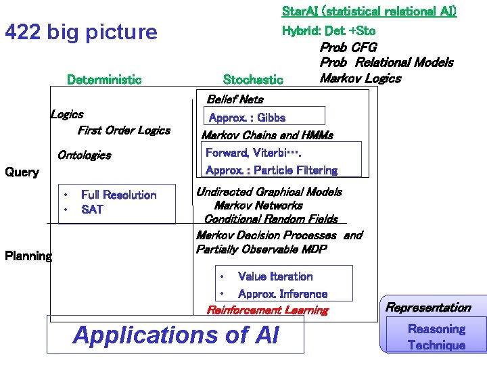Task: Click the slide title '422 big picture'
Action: [x=80, y=32]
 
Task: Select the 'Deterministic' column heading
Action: [x=104, y=80]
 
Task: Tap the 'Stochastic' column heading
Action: [x=253, y=80]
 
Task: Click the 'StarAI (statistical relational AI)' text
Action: [x=369, y=11]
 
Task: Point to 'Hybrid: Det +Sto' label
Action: [x=328, y=30]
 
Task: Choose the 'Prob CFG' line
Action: [x=348, y=47]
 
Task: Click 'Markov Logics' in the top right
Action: [x=360, y=78]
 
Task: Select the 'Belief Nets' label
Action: [x=235, y=99]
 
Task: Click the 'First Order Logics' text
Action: [x=124, y=130]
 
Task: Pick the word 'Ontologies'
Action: [x=84, y=155]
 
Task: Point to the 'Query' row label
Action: [x=22, y=172]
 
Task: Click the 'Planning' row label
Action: [x=28, y=256]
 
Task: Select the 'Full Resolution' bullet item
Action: [x=118, y=195]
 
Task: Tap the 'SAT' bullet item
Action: [x=92, y=210]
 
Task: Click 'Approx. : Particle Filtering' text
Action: [x=271, y=170]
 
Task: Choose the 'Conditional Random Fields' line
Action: [x=271, y=219]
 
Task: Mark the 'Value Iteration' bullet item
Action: [x=275, y=276]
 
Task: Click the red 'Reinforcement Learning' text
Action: [x=267, y=310]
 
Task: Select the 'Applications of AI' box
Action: [x=175, y=335]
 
